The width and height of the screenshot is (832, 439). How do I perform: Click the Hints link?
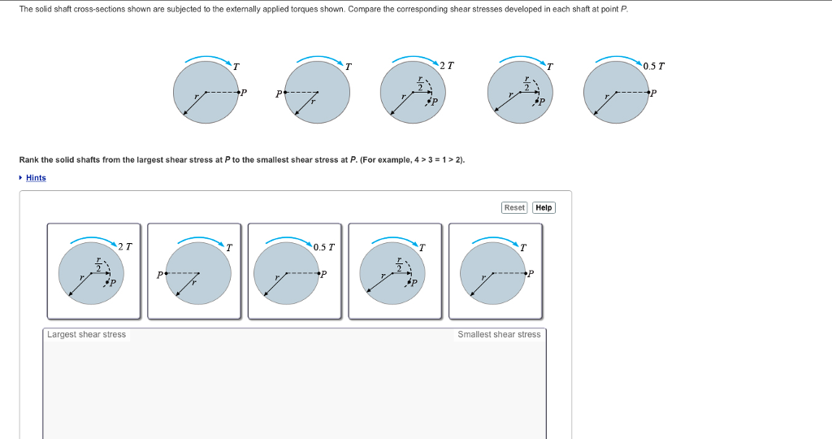tap(36, 178)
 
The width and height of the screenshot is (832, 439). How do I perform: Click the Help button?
tap(544, 208)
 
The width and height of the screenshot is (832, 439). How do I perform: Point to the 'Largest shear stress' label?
tap(86, 335)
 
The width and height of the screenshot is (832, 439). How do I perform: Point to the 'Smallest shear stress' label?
tap(498, 335)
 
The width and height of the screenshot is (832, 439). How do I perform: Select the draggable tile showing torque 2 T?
tap(93, 271)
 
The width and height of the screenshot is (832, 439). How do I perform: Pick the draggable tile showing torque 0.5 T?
tap(294, 271)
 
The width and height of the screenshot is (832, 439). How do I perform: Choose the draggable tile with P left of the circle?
tap(194, 271)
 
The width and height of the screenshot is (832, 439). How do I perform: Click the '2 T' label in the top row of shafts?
tap(447, 65)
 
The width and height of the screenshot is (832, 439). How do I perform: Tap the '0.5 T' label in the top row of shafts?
tap(653, 66)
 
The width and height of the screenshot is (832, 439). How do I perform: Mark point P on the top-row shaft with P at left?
tap(282, 93)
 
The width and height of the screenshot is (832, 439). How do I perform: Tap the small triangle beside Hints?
tap(21, 178)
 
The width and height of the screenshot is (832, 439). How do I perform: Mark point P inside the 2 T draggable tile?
tap(108, 282)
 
